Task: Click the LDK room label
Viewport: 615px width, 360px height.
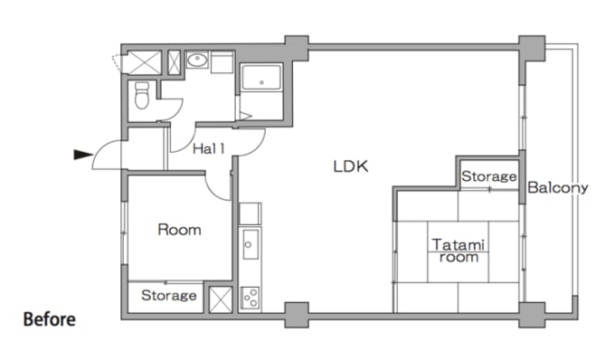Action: pos(351,166)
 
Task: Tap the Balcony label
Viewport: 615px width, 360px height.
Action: pos(558,188)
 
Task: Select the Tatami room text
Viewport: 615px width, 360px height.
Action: pos(459,251)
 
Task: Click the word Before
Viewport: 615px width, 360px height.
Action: pos(50,319)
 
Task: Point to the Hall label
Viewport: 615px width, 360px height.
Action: pos(209,148)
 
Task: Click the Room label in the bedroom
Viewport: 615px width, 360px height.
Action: pos(179,230)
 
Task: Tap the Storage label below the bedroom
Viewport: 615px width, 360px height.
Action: pos(168,295)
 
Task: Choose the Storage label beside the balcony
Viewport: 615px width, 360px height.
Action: pos(488,176)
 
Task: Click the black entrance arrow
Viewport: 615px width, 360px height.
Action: pos(83,155)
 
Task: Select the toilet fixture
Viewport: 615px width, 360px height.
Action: pos(142,95)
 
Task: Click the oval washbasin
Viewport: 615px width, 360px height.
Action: pos(197,60)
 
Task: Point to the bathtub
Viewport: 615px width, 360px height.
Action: pos(261,77)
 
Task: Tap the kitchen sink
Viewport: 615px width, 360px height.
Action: pos(250,244)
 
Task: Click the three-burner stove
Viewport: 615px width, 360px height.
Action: pos(250,298)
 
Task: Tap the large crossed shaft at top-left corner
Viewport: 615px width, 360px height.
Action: pos(145,62)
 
